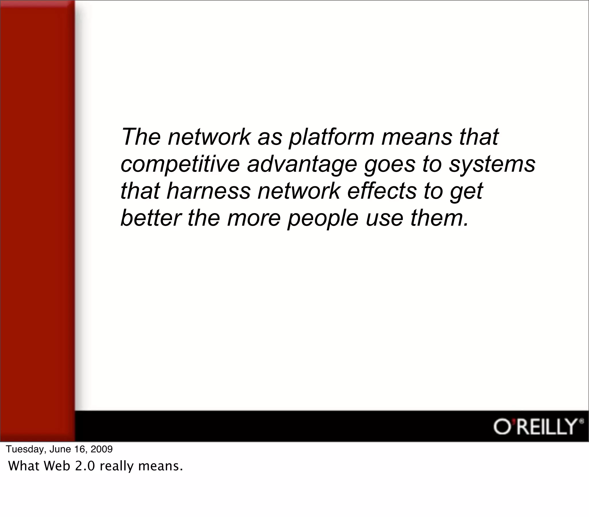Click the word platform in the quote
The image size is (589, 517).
331,137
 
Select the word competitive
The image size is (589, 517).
180,164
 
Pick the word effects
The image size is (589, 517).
382,191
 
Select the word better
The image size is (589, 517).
150,218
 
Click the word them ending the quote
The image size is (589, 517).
439,218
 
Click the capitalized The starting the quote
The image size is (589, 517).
141,137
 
